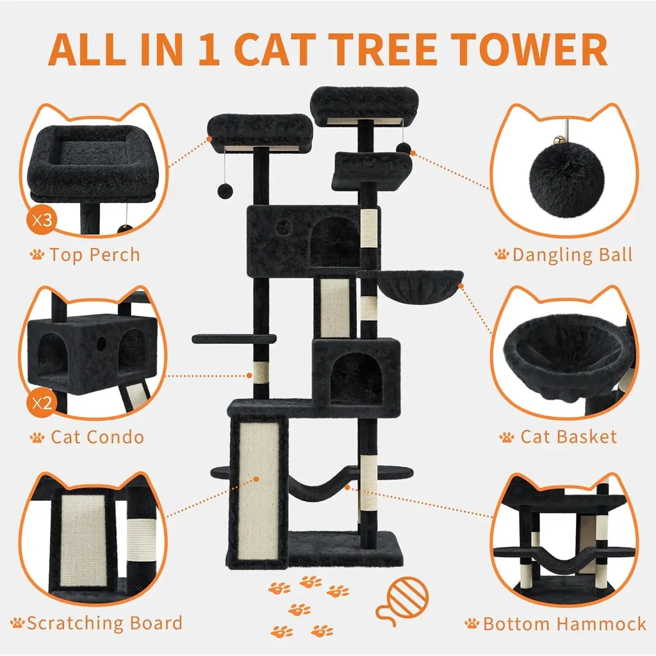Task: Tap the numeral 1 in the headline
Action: pos(209,49)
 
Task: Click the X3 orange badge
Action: pos(42,219)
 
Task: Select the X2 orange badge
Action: pos(42,403)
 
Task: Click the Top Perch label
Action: pos(95,255)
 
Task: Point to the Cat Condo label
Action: pos(97,437)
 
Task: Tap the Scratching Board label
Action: pos(104,623)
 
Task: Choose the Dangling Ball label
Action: pos(572,255)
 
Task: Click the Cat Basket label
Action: pos(569,437)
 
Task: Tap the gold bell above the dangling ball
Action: pos(559,140)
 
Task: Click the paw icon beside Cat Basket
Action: pos(507,438)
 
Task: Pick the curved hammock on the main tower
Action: pos(320,486)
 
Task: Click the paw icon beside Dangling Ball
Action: pos(502,254)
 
